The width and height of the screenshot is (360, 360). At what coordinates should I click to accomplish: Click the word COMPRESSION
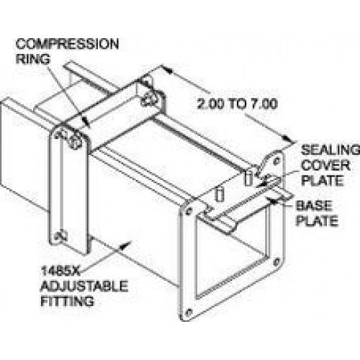(x=67, y=44)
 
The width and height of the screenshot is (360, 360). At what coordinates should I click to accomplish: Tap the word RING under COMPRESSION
(x=33, y=59)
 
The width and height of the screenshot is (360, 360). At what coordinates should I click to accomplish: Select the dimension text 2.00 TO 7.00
(x=238, y=104)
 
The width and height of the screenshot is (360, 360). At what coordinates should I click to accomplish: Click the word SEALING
(x=330, y=150)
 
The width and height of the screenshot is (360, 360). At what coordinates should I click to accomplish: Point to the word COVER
(x=325, y=166)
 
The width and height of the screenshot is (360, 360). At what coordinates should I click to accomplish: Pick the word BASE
(x=314, y=206)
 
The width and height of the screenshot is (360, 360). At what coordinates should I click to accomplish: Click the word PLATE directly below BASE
(x=317, y=221)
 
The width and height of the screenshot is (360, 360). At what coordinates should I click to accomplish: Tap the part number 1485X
(x=60, y=271)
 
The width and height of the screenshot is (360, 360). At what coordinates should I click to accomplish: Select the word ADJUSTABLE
(x=84, y=286)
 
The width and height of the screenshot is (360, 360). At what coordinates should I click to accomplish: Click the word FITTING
(x=67, y=301)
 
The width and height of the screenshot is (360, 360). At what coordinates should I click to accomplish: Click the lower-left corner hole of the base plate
(x=189, y=312)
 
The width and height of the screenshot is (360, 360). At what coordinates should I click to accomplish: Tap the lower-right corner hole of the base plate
(x=277, y=261)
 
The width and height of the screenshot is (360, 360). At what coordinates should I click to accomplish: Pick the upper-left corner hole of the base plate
(x=189, y=212)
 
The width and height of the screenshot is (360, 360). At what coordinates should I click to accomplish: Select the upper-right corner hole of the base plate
(x=276, y=161)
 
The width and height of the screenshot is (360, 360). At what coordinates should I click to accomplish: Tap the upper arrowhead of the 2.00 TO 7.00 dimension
(x=166, y=70)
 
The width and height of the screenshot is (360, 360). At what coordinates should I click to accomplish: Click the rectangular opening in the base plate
(x=232, y=254)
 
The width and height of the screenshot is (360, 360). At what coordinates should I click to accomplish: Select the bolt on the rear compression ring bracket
(x=148, y=99)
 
